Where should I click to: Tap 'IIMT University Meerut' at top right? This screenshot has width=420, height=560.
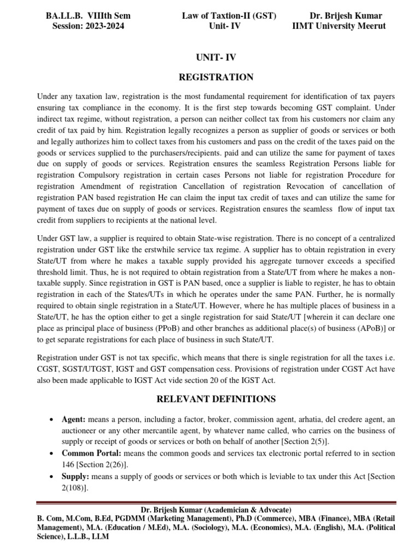(339, 26)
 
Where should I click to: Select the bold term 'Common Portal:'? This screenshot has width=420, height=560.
(90, 454)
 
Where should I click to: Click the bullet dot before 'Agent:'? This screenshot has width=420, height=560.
(51, 420)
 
